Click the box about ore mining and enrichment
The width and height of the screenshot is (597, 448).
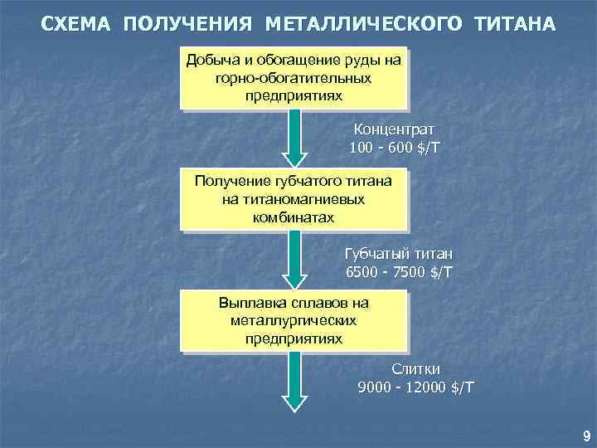(x=294, y=77)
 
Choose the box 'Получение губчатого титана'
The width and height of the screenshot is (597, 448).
(x=294, y=199)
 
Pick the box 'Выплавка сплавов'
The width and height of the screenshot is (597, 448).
(x=294, y=320)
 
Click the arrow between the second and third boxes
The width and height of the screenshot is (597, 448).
(x=294, y=259)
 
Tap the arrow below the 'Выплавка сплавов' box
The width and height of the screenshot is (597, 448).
(x=294, y=380)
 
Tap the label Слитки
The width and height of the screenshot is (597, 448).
(x=416, y=369)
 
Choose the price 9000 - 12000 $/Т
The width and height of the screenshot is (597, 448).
(x=416, y=387)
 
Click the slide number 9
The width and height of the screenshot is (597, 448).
(x=587, y=436)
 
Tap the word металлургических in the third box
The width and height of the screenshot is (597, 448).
(x=294, y=320)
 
